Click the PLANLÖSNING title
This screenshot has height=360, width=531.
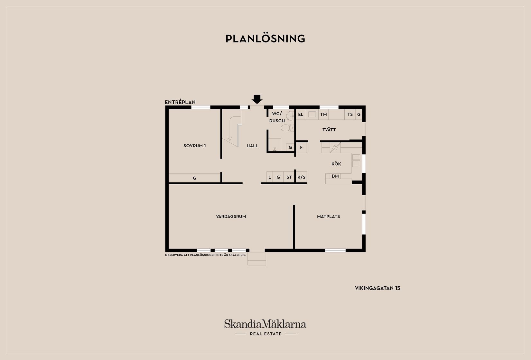265,39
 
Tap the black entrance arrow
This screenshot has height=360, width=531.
257,99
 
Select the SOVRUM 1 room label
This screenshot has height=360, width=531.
194,146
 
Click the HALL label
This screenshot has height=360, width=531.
252,146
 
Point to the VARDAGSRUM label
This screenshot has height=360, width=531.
231,217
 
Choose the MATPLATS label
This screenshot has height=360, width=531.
328,217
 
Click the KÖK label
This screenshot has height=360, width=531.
336,164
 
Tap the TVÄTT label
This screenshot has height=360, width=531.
329,130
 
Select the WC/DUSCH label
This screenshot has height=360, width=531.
277,117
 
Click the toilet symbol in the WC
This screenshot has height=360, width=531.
286,128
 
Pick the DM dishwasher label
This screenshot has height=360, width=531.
335,176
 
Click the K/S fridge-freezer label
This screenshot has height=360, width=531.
301,177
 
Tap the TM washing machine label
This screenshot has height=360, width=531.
323,115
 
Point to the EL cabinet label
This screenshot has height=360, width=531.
301,115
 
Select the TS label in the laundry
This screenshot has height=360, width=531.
350,115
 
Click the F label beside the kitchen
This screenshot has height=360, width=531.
301,148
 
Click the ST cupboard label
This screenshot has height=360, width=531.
289,177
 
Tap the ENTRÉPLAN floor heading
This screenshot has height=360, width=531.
180,102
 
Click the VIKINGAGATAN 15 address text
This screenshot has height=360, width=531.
377,288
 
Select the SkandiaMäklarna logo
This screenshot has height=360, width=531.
265,324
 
